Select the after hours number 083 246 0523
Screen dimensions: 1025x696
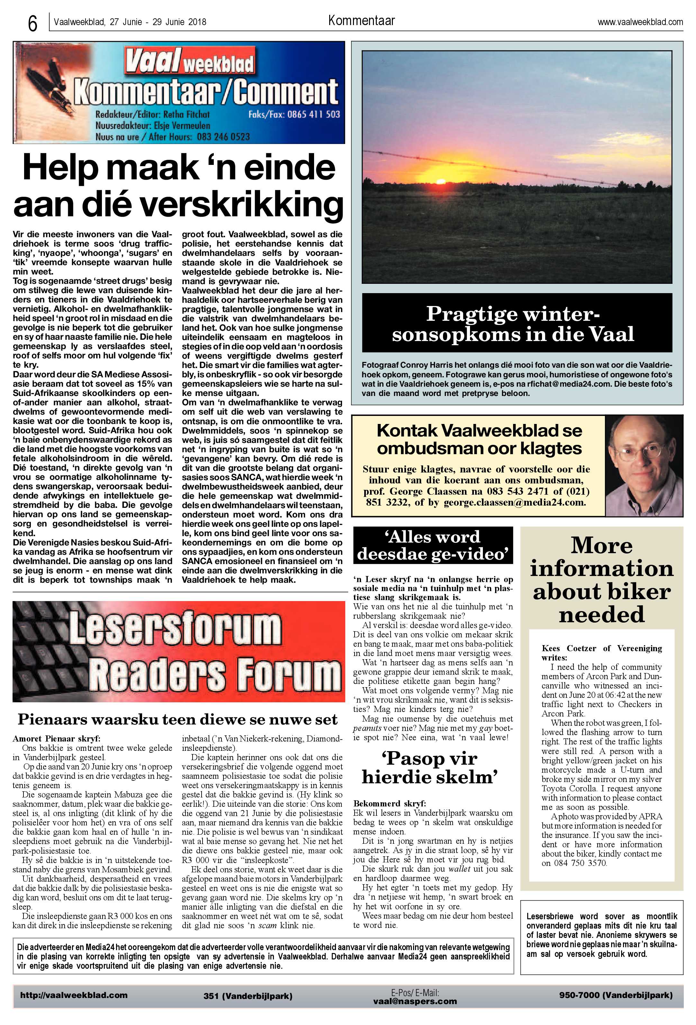point(223,137)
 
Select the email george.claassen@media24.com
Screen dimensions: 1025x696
point(514,502)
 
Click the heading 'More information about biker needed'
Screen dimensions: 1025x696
point(601,580)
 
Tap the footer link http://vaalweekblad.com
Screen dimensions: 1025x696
point(74,995)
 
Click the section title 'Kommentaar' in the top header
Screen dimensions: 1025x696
point(361,20)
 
